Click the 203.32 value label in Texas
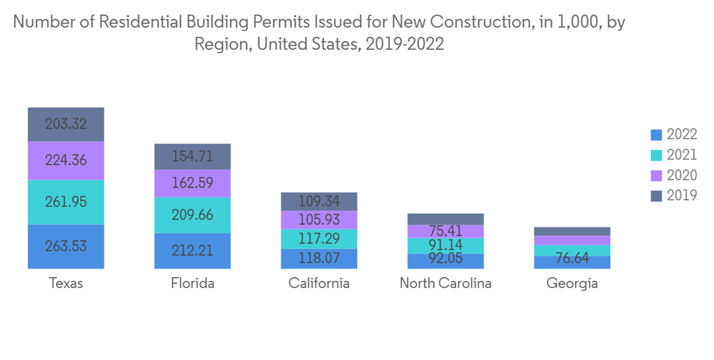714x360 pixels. pos(66,124)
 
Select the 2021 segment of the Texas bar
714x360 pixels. pos(66,202)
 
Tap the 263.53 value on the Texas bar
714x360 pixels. pos(66,246)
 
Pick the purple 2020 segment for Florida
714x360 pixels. pos(192,183)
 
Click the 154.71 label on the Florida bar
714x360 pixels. pos(192,156)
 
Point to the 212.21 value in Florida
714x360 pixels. pos(192,251)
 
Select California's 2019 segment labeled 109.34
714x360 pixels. pos(319,201)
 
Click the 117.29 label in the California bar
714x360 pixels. pos(319,239)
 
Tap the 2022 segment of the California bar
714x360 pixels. pos(319,259)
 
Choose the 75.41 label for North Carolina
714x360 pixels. pos(446,231)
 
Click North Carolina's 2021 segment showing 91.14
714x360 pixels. pos(446,246)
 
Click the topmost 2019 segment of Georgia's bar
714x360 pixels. pos(572,231)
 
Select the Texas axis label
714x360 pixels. pos(66,284)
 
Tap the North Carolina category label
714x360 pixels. pos(446,284)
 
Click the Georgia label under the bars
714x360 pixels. pos(572,284)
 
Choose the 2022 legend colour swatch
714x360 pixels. pos(656,135)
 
